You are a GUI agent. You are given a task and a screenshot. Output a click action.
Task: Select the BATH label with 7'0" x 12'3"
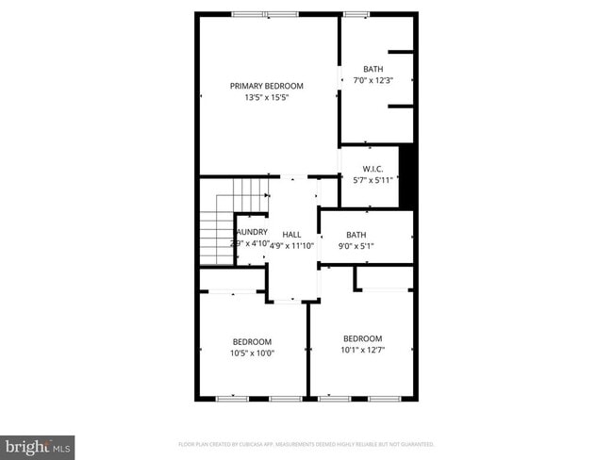pyautogui.click(x=373, y=69)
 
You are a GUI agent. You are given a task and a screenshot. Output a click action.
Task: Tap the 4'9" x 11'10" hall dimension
pyautogui.click(x=292, y=244)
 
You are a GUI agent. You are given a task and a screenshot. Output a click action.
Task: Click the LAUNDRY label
pyautogui.click(x=251, y=232)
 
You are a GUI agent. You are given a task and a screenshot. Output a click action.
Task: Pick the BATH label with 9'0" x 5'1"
pyautogui.click(x=356, y=235)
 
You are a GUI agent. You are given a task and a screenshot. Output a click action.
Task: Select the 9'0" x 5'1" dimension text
pyautogui.click(x=356, y=246)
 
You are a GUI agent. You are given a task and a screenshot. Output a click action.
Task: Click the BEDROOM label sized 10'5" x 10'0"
pyautogui.click(x=252, y=341)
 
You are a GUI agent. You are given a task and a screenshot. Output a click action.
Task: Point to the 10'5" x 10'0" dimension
pyautogui.click(x=252, y=353)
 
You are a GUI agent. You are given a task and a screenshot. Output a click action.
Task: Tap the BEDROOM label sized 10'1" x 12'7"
pyautogui.click(x=362, y=338)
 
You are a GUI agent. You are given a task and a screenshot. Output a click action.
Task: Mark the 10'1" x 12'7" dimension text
pyautogui.click(x=362, y=351)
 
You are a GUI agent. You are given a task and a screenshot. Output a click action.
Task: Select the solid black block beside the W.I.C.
pyautogui.click(x=406, y=176)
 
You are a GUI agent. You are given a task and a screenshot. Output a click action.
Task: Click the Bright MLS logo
pyautogui.click(x=38, y=445)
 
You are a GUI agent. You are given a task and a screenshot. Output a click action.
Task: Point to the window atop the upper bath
pyautogui.click(x=356, y=13)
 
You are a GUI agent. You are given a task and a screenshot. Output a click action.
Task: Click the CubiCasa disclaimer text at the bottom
pyautogui.click(x=306, y=444)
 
